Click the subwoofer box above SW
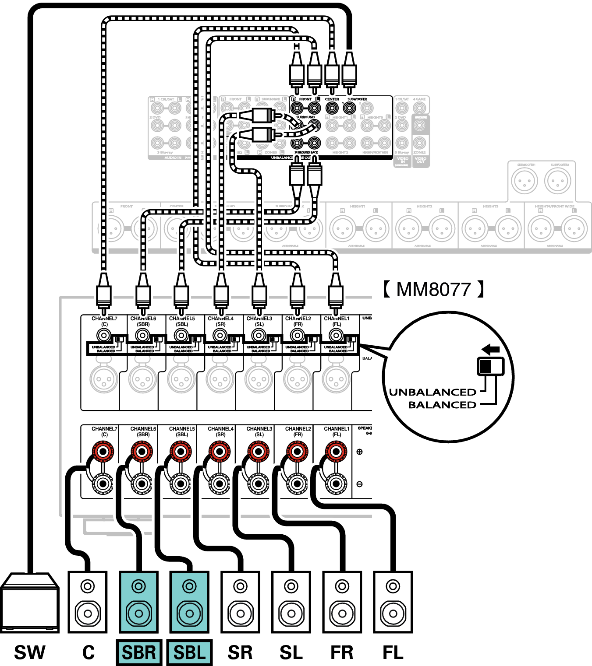[x=29, y=602]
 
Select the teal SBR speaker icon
[x=138, y=602]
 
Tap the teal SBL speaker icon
[x=189, y=602]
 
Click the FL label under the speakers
[x=393, y=652]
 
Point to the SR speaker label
[x=240, y=652]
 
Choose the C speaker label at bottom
[x=88, y=652]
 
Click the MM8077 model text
[x=433, y=289]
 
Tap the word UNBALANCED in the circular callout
[x=432, y=392]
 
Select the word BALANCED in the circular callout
[x=442, y=405]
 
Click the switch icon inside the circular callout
[x=490, y=366]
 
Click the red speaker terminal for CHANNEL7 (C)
[x=103, y=451]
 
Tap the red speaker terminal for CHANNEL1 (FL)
[x=336, y=451]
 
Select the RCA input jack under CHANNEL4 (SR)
[x=220, y=336]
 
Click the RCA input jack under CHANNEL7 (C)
[x=104, y=336]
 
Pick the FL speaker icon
[x=393, y=602]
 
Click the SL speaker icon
[x=291, y=602]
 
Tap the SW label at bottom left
[x=29, y=652]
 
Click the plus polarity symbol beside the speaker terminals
[x=359, y=452]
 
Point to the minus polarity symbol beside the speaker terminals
[x=359, y=484]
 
